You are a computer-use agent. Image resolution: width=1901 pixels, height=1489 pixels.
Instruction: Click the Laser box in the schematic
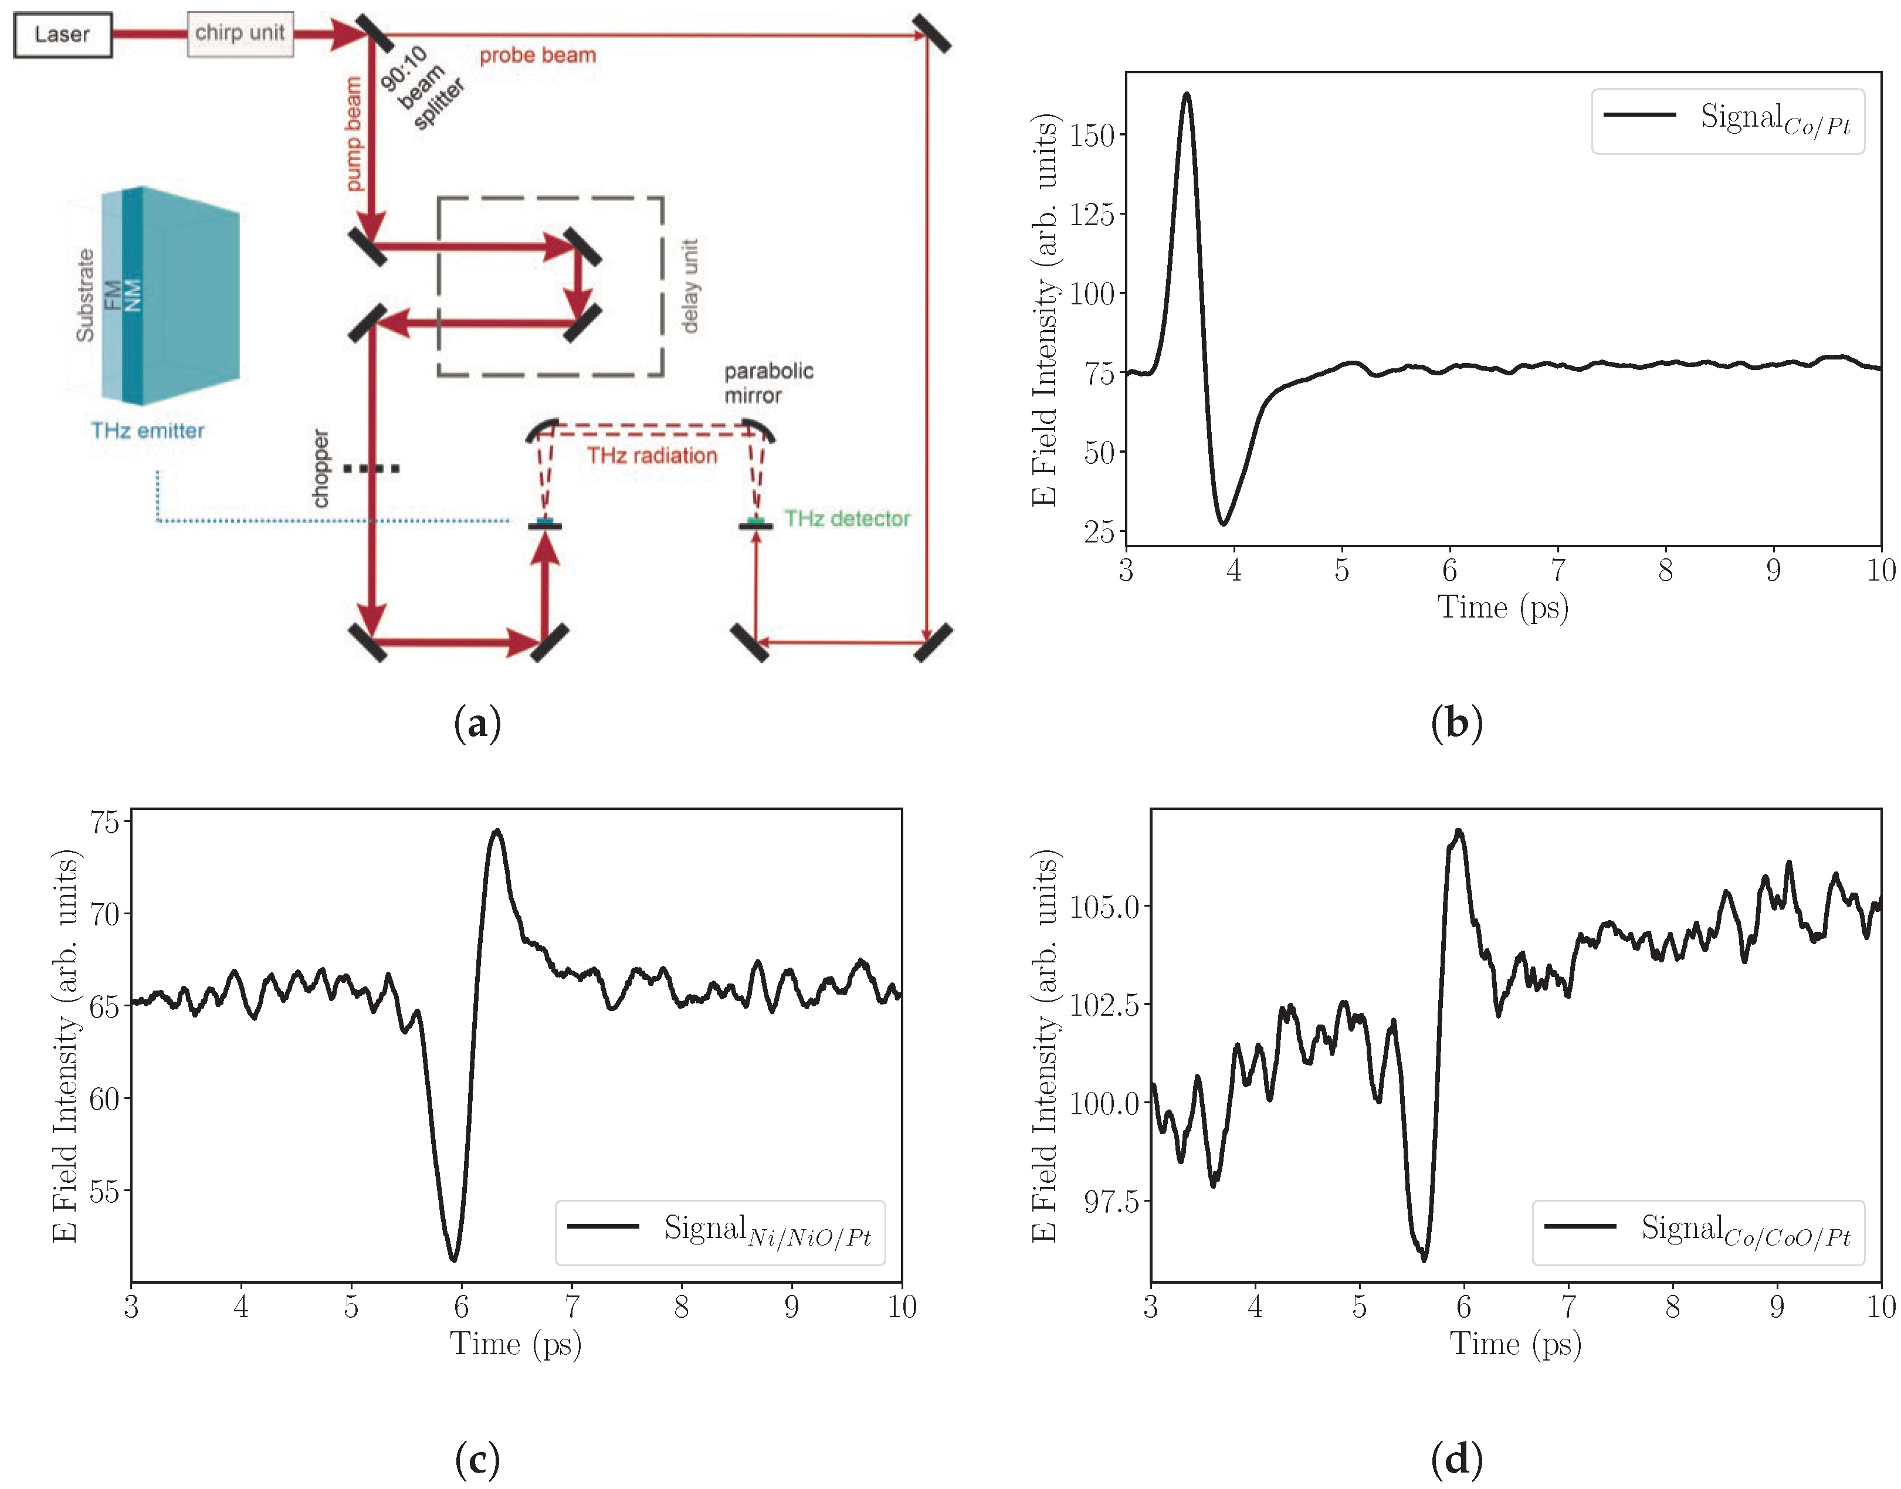(x=63, y=35)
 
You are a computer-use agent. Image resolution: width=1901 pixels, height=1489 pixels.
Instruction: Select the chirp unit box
(x=240, y=34)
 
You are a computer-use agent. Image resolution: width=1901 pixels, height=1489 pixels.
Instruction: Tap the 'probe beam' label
(x=537, y=56)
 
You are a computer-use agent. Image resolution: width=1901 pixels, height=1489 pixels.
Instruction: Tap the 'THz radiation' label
(x=652, y=456)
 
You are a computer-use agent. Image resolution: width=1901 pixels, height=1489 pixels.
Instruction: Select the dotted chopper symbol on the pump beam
(x=371, y=469)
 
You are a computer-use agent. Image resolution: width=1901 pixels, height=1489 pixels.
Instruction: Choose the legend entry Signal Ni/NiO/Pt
(x=720, y=1232)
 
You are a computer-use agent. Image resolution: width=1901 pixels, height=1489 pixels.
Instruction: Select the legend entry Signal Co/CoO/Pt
(x=1698, y=1232)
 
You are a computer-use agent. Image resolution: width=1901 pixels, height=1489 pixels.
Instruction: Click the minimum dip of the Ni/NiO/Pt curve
(x=453, y=1258)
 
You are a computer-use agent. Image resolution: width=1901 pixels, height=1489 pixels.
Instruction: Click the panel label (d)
(x=1456, y=1459)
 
